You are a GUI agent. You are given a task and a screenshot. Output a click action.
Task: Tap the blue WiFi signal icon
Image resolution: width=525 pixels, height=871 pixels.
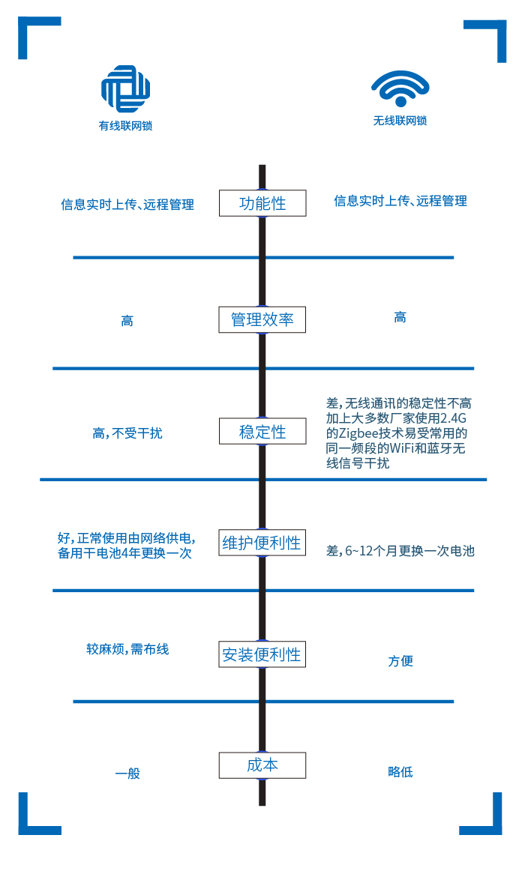[x=400, y=89]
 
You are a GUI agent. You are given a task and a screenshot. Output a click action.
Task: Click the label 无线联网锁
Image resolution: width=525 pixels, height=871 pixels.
[x=400, y=121]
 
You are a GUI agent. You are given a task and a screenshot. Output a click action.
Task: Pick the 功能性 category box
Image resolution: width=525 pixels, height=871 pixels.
[x=262, y=203]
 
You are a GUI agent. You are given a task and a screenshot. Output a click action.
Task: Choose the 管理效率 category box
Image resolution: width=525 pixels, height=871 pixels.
[x=262, y=319]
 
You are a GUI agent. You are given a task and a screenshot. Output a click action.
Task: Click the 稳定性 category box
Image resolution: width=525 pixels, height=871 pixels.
[x=262, y=432]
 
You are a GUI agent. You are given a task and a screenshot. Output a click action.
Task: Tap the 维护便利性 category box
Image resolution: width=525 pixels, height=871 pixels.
[x=262, y=543]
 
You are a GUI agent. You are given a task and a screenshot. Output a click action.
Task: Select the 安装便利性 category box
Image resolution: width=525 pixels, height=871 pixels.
[x=262, y=654]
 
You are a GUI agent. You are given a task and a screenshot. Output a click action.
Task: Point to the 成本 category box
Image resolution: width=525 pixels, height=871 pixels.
[x=262, y=765]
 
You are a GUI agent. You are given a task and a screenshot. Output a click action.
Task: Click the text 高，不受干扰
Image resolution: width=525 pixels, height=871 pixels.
[x=127, y=433]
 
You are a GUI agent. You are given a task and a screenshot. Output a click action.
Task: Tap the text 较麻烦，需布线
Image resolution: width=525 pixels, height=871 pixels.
[x=127, y=649]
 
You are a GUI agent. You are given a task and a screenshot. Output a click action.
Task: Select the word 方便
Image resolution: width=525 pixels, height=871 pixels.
[x=400, y=661]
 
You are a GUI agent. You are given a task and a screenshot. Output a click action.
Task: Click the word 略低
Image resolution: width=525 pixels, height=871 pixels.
[x=400, y=772]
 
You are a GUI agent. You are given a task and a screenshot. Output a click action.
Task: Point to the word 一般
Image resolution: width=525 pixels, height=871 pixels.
[x=127, y=773]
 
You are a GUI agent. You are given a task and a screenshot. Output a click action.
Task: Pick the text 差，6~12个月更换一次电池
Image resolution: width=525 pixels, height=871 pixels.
[x=400, y=551]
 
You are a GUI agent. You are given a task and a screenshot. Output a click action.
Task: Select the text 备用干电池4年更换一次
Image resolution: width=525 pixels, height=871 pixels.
[x=124, y=553]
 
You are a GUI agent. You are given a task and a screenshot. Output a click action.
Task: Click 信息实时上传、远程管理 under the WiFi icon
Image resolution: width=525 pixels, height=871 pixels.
[x=400, y=201]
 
